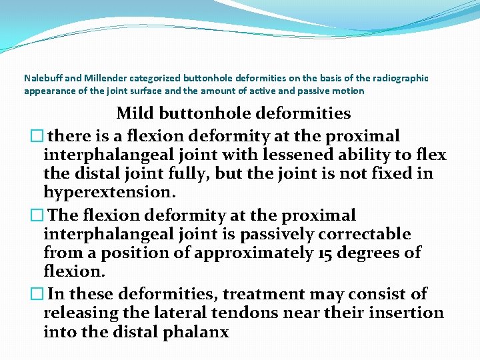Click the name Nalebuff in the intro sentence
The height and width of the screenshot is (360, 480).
pyautogui.click(x=41, y=78)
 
